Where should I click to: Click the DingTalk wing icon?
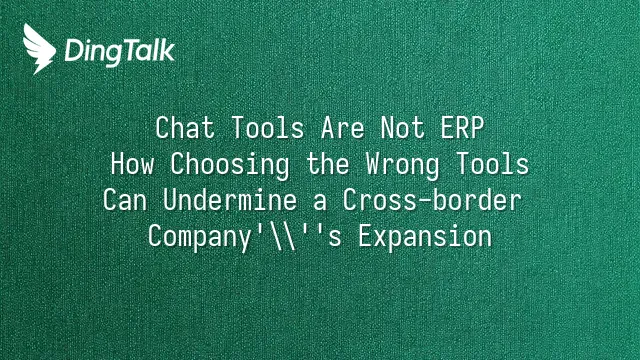(39, 49)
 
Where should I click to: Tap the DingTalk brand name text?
(120, 52)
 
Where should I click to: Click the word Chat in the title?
(185, 128)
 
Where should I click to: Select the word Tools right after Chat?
(267, 128)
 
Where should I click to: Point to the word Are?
(342, 128)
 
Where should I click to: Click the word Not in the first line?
(402, 128)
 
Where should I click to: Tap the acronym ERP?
(462, 128)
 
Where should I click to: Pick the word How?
(132, 164)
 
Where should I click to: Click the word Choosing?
(230, 165)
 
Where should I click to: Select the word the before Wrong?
(328, 164)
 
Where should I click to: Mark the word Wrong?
(402, 165)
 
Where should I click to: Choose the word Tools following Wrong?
(492, 164)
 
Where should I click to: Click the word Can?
(125, 200)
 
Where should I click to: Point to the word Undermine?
(230, 200)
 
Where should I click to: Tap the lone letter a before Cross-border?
(320, 202)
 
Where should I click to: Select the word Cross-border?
(432, 200)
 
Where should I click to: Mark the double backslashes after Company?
(282, 237)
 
